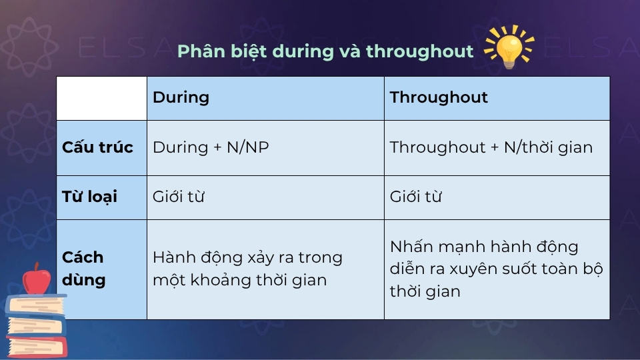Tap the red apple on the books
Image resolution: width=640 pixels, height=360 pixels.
[36, 279]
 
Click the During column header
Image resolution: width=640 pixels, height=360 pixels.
[181, 97]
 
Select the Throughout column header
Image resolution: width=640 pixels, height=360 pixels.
[439, 97]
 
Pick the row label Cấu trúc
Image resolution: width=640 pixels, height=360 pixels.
[97, 147]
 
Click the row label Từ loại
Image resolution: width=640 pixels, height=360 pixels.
[89, 197]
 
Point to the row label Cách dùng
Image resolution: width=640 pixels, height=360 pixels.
[84, 269]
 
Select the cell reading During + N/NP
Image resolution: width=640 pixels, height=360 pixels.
[211, 147]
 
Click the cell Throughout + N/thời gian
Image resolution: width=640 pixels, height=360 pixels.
[491, 147]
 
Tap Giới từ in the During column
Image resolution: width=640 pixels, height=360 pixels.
[178, 197]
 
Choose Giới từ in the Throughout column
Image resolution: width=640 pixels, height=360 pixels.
[415, 197]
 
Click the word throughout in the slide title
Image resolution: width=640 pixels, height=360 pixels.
[419, 51]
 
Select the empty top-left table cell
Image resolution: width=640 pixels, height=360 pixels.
[101, 98]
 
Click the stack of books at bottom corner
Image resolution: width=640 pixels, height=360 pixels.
[35, 325]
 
